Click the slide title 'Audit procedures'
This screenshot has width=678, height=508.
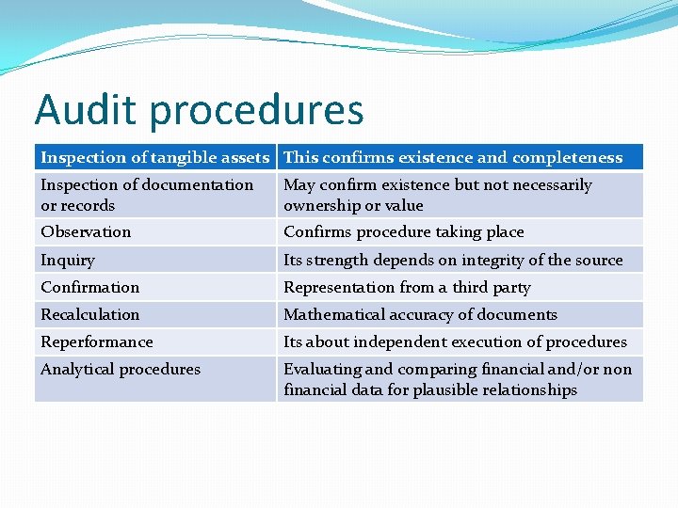pyautogui.click(x=199, y=110)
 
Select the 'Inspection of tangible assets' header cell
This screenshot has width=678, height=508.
pyautogui.click(x=155, y=157)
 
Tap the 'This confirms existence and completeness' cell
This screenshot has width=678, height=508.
pyautogui.click(x=453, y=157)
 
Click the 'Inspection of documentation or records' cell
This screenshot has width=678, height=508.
pyautogui.click(x=147, y=195)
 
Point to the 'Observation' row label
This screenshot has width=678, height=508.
pyautogui.click(x=86, y=231)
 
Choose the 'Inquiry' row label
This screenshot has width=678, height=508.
pyautogui.click(x=68, y=260)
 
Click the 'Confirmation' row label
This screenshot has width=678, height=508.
pyautogui.click(x=89, y=287)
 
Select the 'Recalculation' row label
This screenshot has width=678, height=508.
pyautogui.click(x=89, y=314)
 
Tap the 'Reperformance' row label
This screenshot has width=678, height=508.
pyautogui.click(x=96, y=341)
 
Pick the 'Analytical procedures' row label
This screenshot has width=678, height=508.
pyautogui.click(x=121, y=369)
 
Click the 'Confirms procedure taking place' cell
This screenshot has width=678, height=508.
pyautogui.click(x=403, y=231)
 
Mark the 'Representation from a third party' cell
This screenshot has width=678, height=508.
pyautogui.click(x=407, y=287)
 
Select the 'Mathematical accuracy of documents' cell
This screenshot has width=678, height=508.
pyautogui.click(x=420, y=314)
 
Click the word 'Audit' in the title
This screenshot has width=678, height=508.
pyautogui.click(x=86, y=110)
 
